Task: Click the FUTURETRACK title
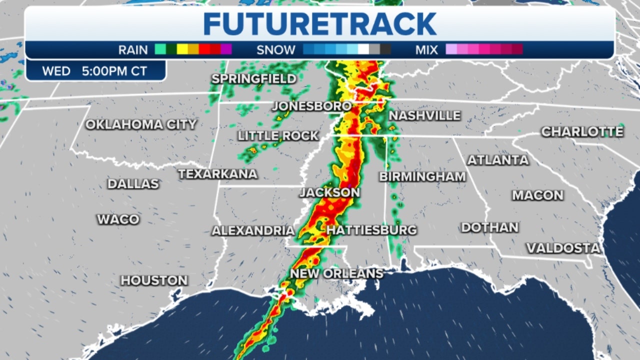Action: pos(319,23)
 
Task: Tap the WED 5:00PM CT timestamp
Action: pos(94,71)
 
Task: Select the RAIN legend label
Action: pos(133,50)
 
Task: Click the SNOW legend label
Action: pos(276,50)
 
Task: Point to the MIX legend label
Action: pos(426,50)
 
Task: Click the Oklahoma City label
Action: pos(141,124)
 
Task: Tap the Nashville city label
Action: pos(424,115)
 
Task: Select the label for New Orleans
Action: pos(336,273)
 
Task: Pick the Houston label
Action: pos(154,280)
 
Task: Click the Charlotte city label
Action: pos(582,131)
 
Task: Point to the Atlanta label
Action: pos(497,160)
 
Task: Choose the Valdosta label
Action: pos(563,248)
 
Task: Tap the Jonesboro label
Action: pos(311,106)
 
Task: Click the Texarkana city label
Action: pos(217,174)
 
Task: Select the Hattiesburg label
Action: pos(371,230)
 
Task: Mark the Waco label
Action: pos(118,219)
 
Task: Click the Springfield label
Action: pos(254,79)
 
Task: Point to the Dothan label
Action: pos(489,227)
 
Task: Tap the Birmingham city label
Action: pos(422,176)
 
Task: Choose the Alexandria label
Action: pos(253,230)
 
